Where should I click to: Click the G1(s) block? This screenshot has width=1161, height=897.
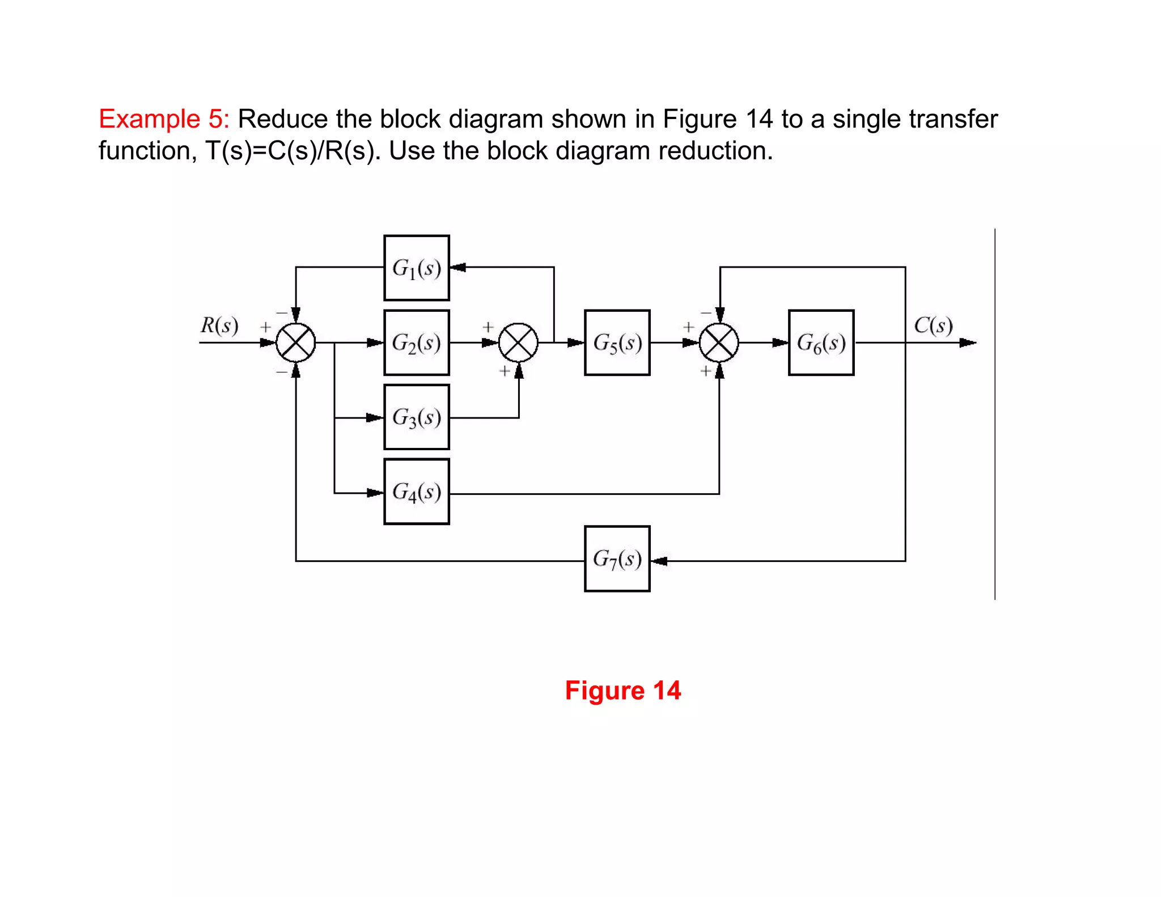[x=416, y=268]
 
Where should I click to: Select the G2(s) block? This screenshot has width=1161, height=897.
[x=416, y=342]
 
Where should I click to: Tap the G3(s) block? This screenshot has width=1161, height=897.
[x=416, y=417]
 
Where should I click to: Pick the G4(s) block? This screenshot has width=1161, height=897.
[x=416, y=492]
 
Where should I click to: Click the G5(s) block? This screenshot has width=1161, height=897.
[x=617, y=342]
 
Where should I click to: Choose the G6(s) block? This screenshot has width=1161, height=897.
[x=821, y=342]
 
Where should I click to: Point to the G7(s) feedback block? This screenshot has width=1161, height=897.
[x=617, y=559]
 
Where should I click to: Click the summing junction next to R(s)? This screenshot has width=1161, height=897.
[x=295, y=342]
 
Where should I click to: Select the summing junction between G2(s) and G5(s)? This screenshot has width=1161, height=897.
[x=518, y=342]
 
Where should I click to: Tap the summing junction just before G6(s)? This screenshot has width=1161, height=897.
[x=719, y=342]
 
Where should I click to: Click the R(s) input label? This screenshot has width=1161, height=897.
[x=219, y=325]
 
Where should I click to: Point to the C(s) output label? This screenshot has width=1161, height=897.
[x=933, y=325]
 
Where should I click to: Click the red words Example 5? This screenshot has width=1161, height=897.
[x=164, y=119]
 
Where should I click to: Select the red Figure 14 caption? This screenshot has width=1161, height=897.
[x=622, y=691]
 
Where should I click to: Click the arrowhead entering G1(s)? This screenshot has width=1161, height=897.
[x=458, y=267]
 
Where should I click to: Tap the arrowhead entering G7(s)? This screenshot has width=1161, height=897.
[x=659, y=561]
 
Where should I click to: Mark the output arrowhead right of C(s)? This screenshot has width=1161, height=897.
[x=967, y=342]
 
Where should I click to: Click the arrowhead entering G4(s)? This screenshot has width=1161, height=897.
[x=375, y=493]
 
